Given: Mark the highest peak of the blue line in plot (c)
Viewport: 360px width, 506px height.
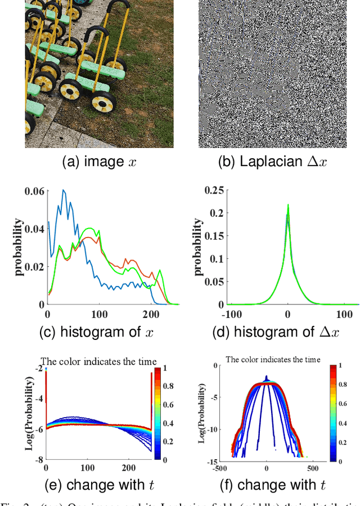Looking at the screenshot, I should tap(64, 190).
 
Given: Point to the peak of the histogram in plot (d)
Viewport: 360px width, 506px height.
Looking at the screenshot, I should tap(287, 204).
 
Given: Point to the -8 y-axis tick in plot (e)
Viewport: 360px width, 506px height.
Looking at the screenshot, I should tap(39, 460).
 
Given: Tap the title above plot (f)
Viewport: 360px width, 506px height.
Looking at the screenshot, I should tap(273, 359).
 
